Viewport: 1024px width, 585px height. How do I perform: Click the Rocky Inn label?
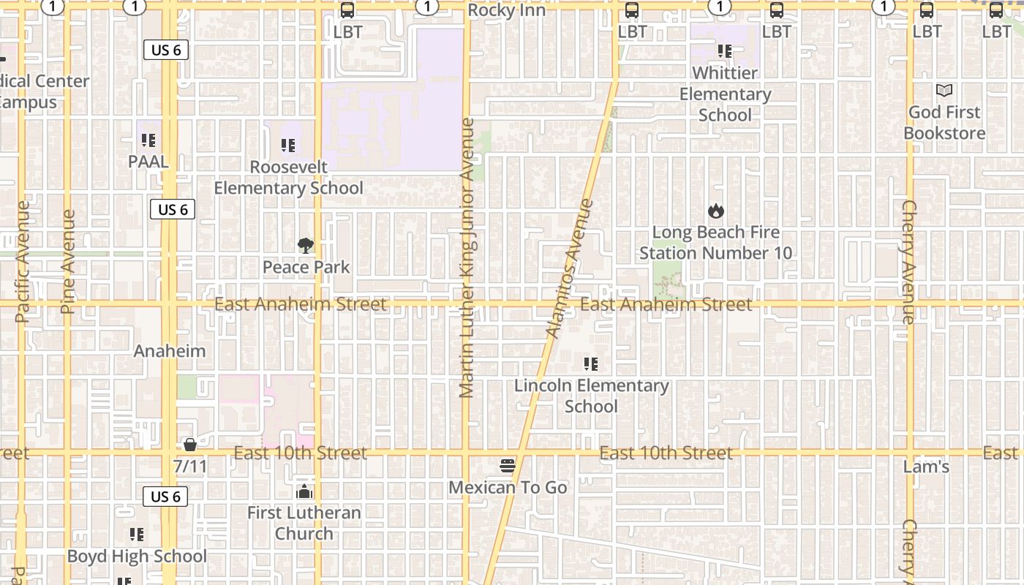click(506, 10)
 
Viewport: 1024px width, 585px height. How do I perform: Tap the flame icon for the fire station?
click(715, 211)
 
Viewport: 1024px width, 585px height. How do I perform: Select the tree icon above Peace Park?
click(306, 246)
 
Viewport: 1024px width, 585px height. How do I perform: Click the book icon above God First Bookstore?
click(944, 91)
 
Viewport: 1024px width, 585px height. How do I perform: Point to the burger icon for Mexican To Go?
click(508, 466)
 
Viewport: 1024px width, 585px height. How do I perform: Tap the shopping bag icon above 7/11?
click(190, 444)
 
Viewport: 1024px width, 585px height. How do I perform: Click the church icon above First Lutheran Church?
click(304, 491)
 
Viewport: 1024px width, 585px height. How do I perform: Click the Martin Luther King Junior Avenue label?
click(467, 257)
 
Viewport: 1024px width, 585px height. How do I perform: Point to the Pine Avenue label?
click(69, 262)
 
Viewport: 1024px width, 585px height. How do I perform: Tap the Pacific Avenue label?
click(22, 262)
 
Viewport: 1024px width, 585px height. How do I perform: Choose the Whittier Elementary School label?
click(725, 94)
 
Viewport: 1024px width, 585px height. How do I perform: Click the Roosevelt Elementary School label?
click(289, 178)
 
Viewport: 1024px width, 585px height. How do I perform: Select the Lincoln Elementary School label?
click(592, 396)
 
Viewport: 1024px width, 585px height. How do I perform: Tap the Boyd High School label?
click(137, 556)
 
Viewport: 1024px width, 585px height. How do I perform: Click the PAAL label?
click(148, 161)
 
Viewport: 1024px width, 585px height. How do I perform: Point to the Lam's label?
click(926, 467)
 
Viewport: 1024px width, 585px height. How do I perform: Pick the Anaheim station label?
click(170, 351)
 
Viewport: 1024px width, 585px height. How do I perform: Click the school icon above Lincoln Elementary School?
click(591, 363)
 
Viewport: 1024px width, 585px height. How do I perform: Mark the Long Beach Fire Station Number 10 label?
click(715, 243)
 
